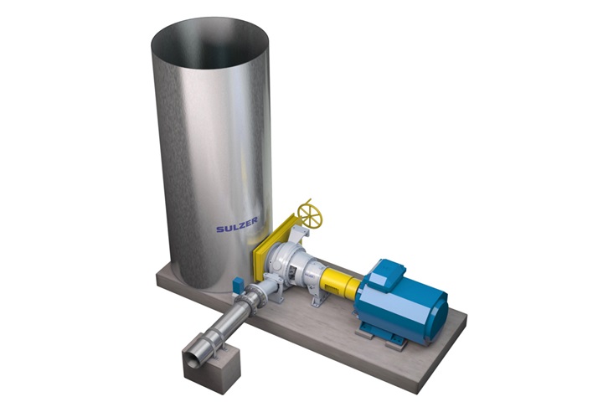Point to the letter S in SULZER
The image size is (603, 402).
click(219, 228)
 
